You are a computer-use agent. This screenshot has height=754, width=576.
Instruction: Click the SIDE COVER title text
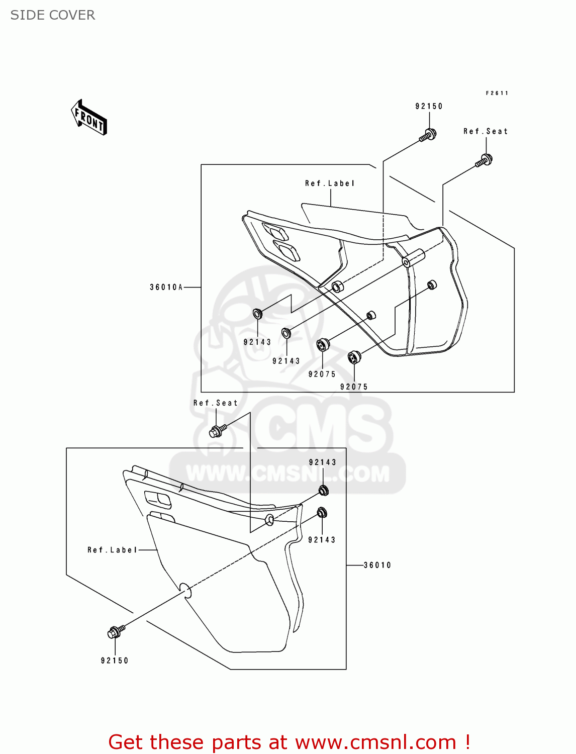(53, 15)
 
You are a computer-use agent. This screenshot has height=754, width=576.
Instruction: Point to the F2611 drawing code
(497, 93)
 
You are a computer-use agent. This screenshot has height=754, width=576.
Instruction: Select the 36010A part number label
(166, 288)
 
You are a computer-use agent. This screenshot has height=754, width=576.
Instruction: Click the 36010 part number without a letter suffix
(377, 565)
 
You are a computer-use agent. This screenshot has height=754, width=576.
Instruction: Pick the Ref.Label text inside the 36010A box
(330, 183)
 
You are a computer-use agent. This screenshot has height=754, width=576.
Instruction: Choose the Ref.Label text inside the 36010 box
(112, 550)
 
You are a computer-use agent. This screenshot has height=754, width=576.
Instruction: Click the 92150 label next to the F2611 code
(429, 106)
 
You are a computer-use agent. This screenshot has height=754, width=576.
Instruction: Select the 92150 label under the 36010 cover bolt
(115, 661)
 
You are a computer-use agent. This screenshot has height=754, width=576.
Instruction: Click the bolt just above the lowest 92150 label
(115, 632)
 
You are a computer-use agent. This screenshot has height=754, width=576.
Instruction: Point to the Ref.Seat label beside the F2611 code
(486, 131)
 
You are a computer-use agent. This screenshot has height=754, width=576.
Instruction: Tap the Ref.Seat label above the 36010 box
(215, 403)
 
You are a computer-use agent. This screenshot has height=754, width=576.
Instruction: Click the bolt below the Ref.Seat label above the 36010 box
(217, 431)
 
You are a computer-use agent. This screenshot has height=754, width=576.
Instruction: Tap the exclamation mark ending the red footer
(467, 742)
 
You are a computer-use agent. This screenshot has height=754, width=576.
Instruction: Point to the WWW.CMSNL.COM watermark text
(287, 474)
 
